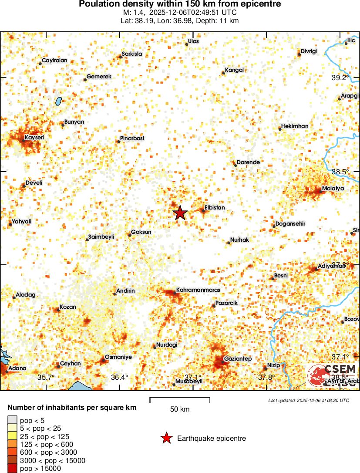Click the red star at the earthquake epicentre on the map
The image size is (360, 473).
coord(180,213)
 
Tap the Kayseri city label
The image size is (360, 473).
coord(34,137)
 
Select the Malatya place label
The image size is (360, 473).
coord(333,188)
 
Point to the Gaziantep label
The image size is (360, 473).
coord(238,358)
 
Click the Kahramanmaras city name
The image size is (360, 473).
coord(198,290)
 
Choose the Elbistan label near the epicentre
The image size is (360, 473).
coord(215,208)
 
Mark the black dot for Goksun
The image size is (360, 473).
coord(129,235)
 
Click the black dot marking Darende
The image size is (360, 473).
coord(236,165)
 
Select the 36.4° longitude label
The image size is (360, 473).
coord(119,377)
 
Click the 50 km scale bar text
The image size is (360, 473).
coord(179,409)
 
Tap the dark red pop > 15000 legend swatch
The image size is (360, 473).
coord(13,469)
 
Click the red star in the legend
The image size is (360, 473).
coord(166,438)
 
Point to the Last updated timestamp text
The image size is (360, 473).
coord(308,400)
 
